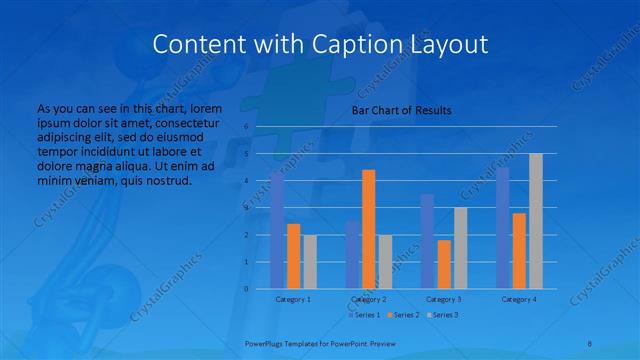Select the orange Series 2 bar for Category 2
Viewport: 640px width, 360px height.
pos(368,229)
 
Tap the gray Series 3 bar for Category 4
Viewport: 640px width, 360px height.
pos(535,221)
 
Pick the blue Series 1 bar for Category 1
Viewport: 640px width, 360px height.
pos(277,230)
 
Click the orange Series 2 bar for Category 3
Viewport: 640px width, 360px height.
pos(443,264)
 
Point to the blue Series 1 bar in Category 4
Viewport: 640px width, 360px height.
pos(502,228)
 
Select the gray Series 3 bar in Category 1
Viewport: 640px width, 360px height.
pos(310,261)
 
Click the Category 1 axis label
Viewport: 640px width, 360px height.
pos(293,299)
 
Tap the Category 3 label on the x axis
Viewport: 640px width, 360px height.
pos(443,299)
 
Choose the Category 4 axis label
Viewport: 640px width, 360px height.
pos(518,299)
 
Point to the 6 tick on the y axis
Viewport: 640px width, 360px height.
pos(246,127)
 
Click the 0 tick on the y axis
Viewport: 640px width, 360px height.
pos(246,289)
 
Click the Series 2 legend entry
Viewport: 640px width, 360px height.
pos(403,315)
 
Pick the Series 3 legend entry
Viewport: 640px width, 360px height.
pos(443,315)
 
